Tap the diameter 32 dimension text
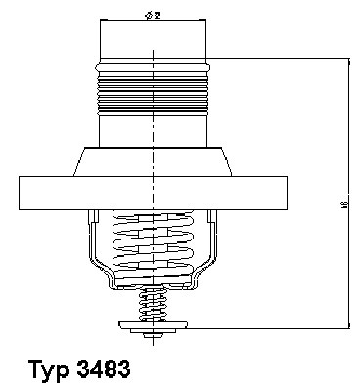[x=154, y=16]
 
